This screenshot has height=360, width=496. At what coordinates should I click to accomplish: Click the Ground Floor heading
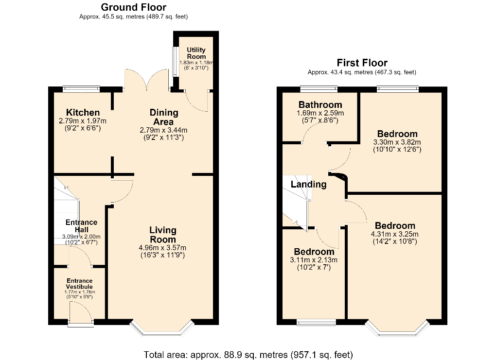tap(134, 7)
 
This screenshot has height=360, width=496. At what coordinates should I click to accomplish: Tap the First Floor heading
tap(362, 63)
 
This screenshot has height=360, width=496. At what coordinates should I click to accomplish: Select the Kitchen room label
tap(83, 112)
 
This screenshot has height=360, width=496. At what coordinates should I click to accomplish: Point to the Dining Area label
tap(164, 117)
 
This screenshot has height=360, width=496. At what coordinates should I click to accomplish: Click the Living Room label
tap(163, 235)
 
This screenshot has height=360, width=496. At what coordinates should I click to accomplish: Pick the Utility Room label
tap(196, 53)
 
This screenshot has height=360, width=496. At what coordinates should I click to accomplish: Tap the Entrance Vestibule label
tap(79, 284)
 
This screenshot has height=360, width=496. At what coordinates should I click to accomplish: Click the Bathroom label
tap(320, 104)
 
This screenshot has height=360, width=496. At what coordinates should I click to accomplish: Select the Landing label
tap(308, 184)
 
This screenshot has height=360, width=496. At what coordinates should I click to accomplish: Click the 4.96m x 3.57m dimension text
tap(162, 248)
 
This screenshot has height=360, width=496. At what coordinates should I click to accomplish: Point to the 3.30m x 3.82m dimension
tap(397, 142)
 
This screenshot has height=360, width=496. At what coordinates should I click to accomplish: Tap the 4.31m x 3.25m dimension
tap(394, 234)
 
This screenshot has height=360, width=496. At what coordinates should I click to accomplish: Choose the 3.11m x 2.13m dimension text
tap(314, 260)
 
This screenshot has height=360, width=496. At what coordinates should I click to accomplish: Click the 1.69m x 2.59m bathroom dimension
tap(320, 113)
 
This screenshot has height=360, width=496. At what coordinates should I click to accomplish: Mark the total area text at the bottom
tap(248, 355)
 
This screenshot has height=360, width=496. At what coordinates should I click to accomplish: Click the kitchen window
tap(81, 89)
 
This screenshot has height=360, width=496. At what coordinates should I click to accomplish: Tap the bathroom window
tap(319, 89)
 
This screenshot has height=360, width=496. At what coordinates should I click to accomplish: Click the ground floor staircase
tap(66, 210)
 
